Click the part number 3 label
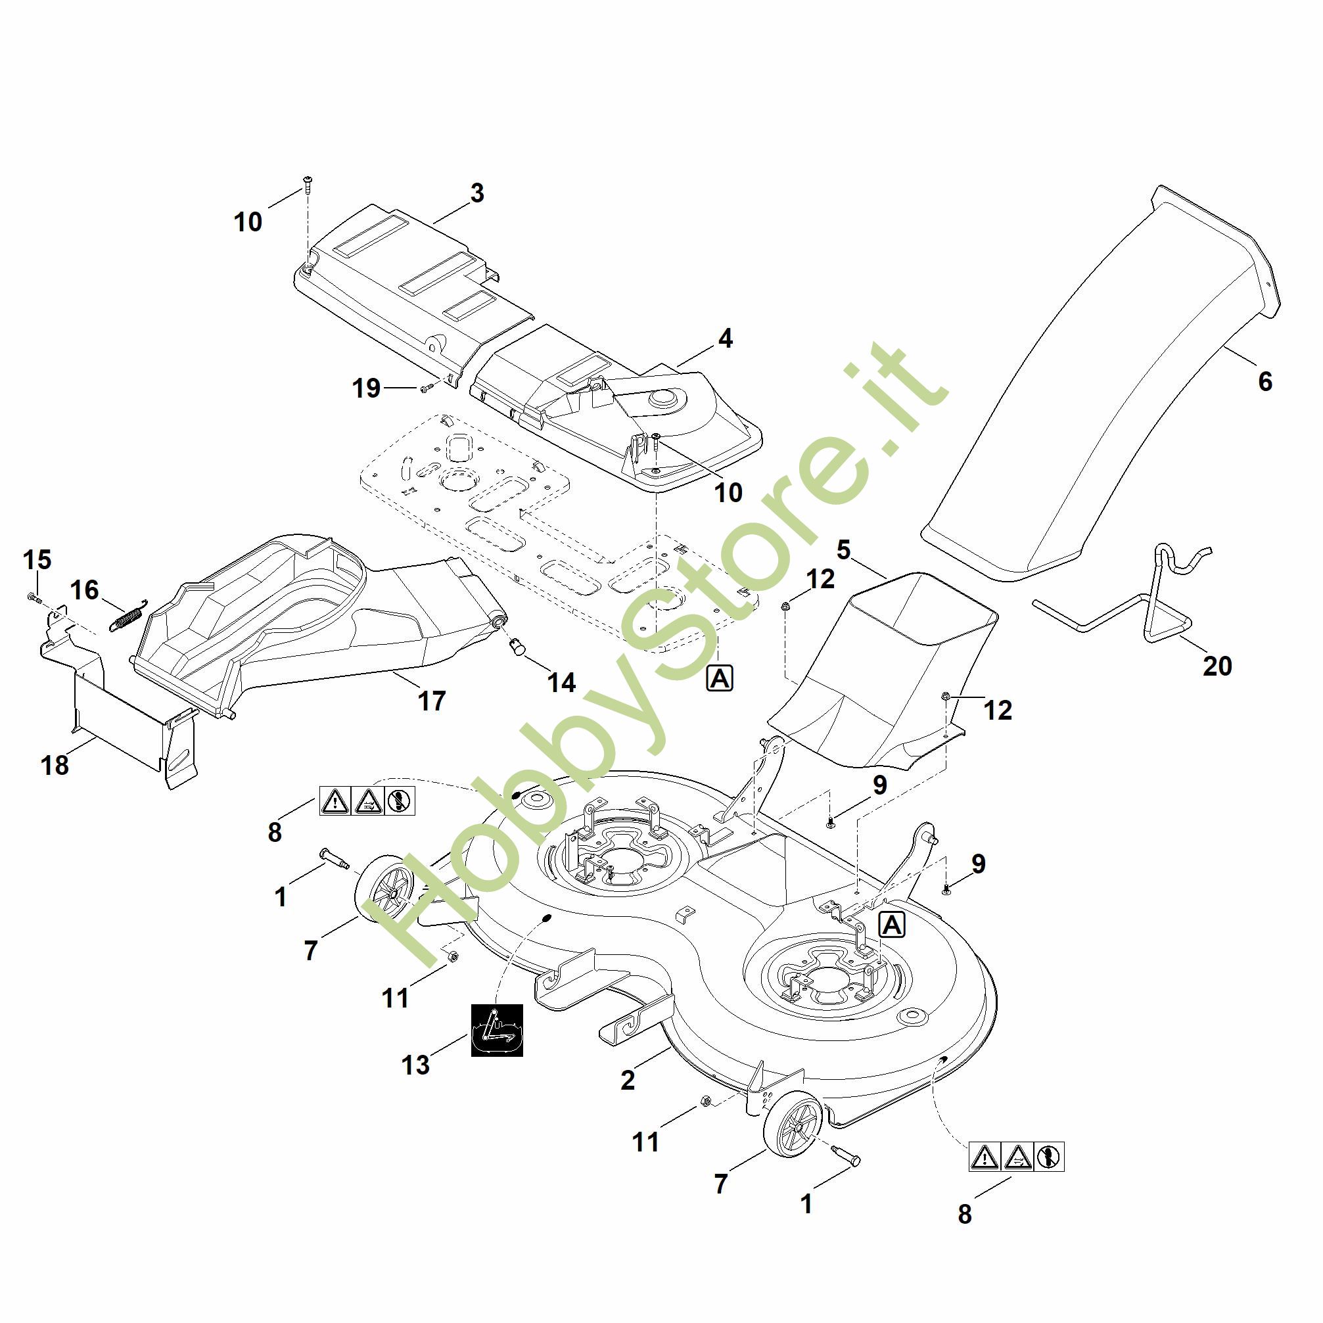pyautogui.click(x=477, y=193)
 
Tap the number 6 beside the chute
pyautogui.click(x=1265, y=381)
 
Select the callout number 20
pyautogui.click(x=1217, y=666)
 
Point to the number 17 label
pyautogui.click(x=431, y=701)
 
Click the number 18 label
pyautogui.click(x=55, y=765)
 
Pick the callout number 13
pyautogui.click(x=415, y=1064)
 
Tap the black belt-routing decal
pyautogui.click(x=496, y=1029)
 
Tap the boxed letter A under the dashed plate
pyautogui.click(x=720, y=678)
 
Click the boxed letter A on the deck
pyautogui.click(x=892, y=925)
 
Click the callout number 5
pyautogui.click(x=844, y=551)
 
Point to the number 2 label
pyautogui.click(x=627, y=1080)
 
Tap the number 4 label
pyautogui.click(x=725, y=338)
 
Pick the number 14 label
pyautogui.click(x=561, y=682)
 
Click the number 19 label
pyautogui.click(x=366, y=388)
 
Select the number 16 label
pyautogui.click(x=84, y=590)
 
